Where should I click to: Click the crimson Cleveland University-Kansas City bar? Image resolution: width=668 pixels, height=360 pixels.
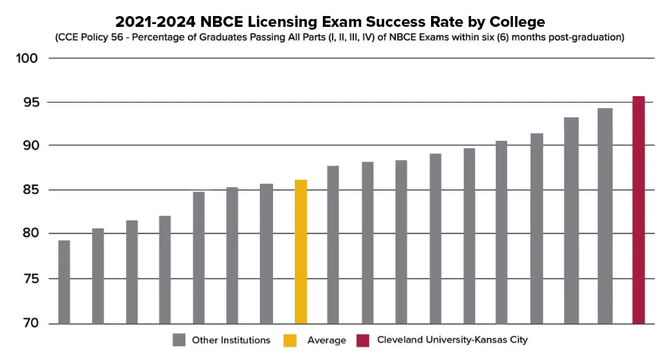638,210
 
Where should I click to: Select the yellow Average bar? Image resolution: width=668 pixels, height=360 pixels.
301,252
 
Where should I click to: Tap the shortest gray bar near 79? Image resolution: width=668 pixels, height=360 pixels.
64,282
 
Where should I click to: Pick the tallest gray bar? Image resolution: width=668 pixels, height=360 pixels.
605,216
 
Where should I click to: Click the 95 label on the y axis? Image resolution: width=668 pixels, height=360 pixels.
29,102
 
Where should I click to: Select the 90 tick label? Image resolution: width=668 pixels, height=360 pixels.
29,145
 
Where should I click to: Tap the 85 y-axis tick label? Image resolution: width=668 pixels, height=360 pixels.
29,189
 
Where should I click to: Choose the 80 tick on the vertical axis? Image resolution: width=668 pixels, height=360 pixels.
29,234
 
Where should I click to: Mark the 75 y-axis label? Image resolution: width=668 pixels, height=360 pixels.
29,279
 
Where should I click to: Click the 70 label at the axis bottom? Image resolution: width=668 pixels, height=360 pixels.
29,323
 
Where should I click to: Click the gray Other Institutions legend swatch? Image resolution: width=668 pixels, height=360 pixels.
179,341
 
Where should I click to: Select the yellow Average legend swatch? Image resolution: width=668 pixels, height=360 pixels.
290,341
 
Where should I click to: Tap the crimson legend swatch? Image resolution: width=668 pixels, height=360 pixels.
362,341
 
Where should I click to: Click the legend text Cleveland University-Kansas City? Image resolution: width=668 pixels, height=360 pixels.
452,340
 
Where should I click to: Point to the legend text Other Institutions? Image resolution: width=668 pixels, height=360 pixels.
231,341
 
